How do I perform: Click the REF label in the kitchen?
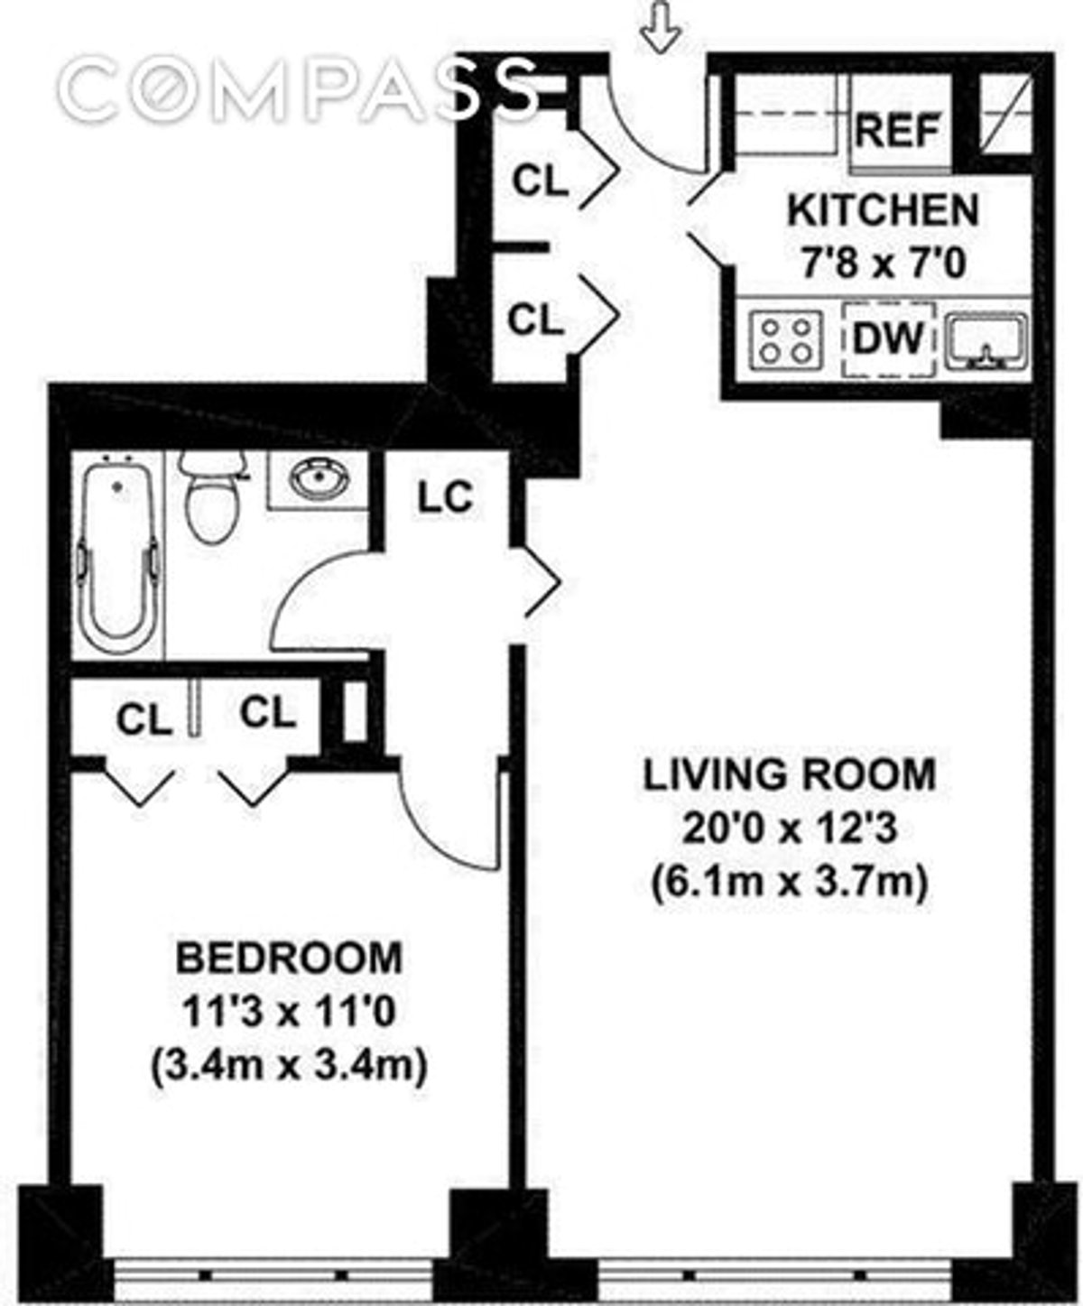click(x=898, y=131)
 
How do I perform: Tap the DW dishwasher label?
click(x=889, y=338)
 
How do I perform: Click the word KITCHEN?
click(x=883, y=211)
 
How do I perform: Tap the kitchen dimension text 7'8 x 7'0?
click(x=883, y=264)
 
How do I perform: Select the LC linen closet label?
click(x=445, y=497)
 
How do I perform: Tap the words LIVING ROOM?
click(x=789, y=775)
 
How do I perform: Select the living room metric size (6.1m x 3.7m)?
click(x=789, y=882)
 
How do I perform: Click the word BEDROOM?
click(x=289, y=958)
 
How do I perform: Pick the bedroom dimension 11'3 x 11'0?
click(x=289, y=1013)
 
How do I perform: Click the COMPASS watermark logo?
click(x=298, y=90)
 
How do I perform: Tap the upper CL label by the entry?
click(x=540, y=181)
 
